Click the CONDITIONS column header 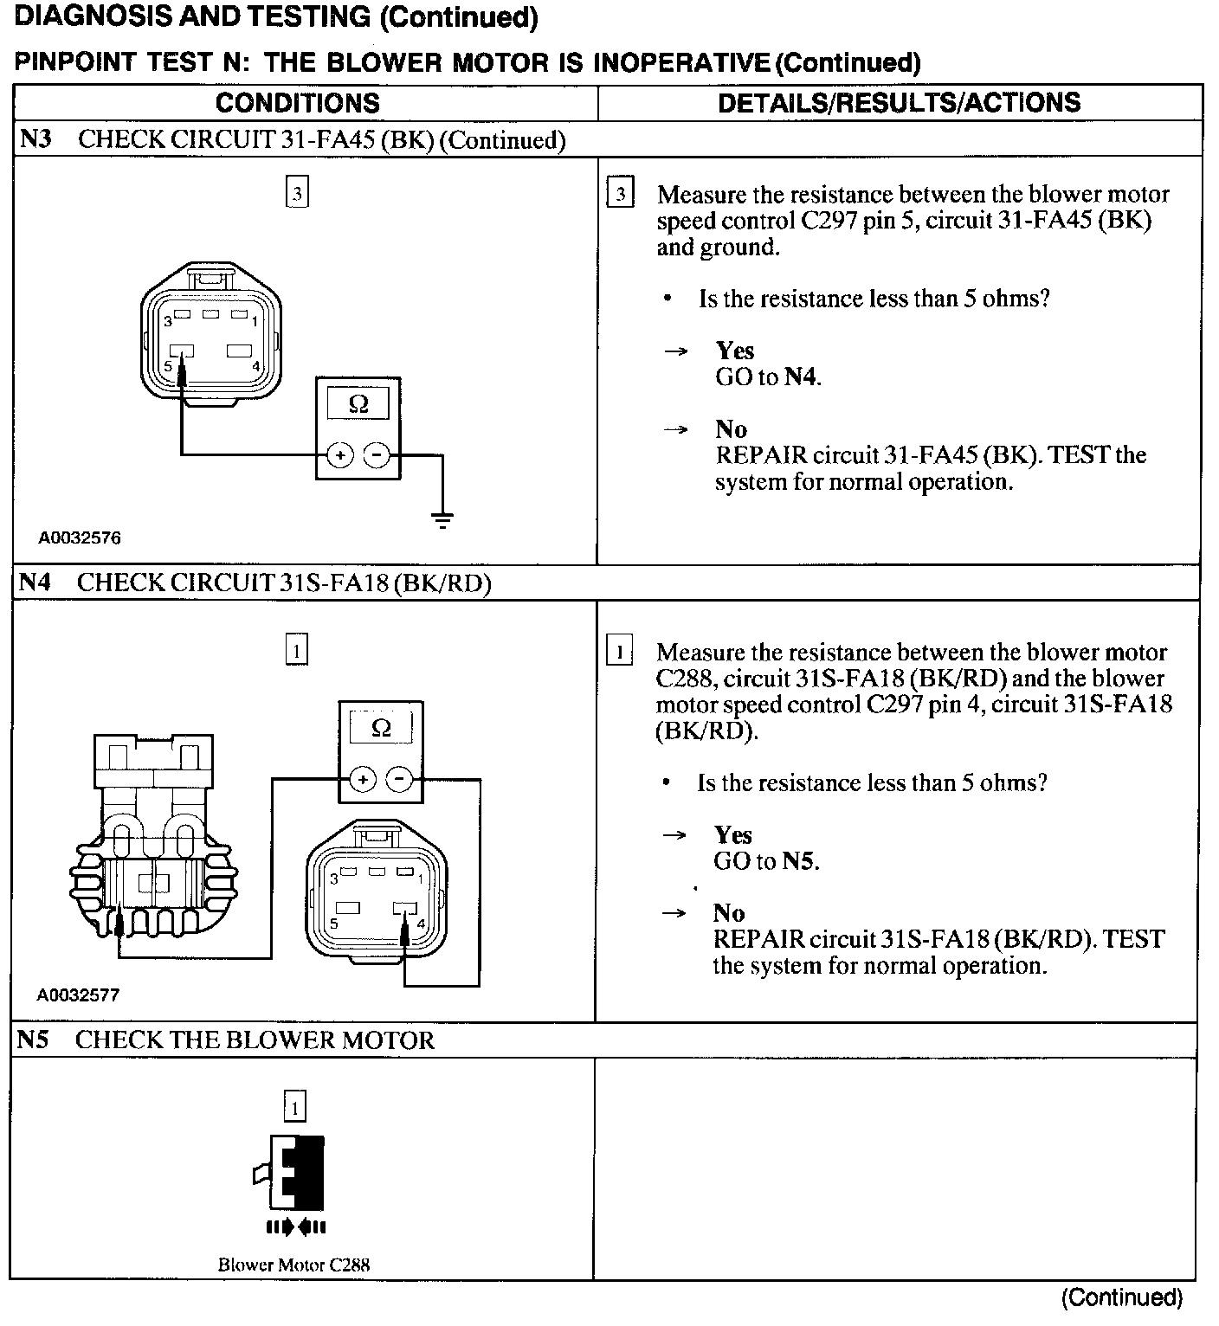pos(297,103)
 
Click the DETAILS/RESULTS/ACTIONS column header pos(899,103)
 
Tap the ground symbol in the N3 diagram pos(442,519)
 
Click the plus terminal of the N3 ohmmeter pos(340,454)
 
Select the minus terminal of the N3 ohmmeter pos(377,454)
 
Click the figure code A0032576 pos(79,537)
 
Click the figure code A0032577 pos(78,995)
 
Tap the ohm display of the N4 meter pos(381,729)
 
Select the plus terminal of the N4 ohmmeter pos(363,780)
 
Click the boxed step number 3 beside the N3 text pos(620,194)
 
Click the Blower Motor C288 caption pos(293,1265)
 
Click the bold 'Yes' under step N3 pos(734,351)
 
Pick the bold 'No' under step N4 pos(729,913)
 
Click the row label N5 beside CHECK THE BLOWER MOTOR pos(32,1040)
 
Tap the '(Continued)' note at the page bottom pos(1121,1297)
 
